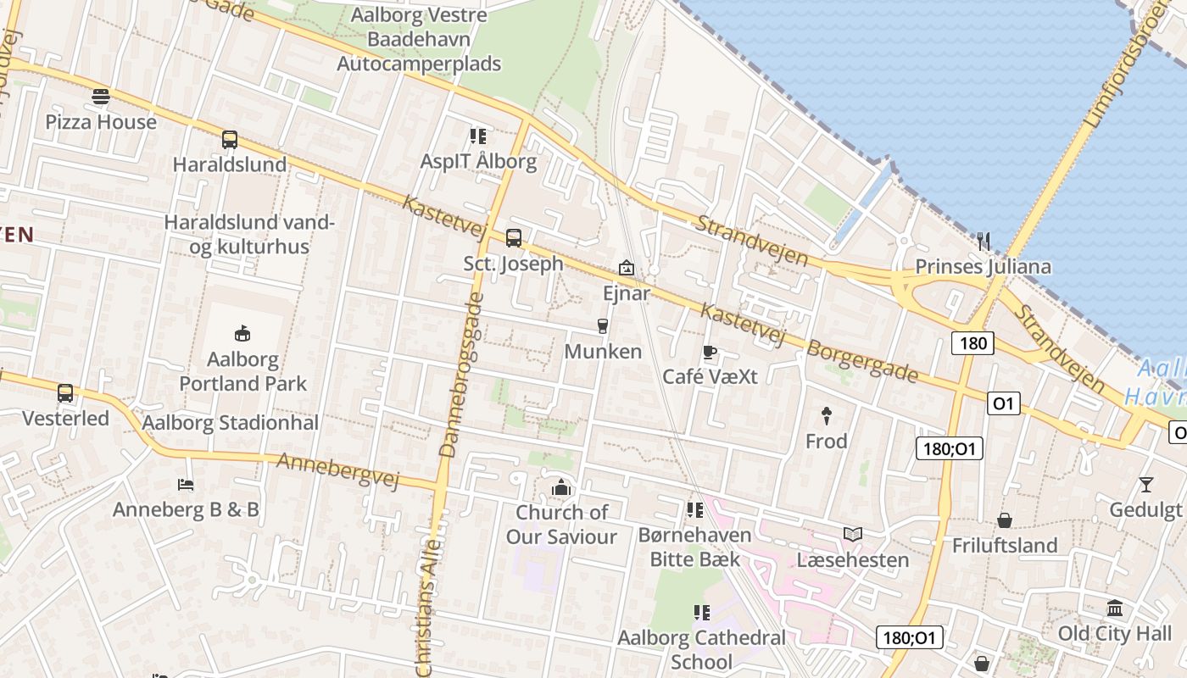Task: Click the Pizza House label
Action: click(101, 122)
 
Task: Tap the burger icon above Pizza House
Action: click(101, 97)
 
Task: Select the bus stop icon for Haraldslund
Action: click(229, 140)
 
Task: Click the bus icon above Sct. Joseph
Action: click(513, 238)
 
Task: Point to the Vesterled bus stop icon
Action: click(65, 393)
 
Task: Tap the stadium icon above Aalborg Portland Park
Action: click(242, 333)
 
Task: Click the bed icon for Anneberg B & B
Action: click(186, 485)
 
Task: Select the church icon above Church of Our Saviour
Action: click(561, 487)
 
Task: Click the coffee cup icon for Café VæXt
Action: click(710, 352)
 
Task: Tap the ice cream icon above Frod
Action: click(826, 415)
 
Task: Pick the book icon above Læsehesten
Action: click(852, 534)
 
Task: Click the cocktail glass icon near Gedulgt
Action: click(1145, 484)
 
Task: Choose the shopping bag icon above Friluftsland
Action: click(1005, 520)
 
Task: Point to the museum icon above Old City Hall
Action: click(1115, 608)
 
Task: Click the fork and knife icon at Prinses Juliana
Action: click(983, 242)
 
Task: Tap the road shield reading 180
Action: click(972, 343)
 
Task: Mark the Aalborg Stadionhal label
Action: click(231, 423)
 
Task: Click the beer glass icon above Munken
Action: click(603, 326)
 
